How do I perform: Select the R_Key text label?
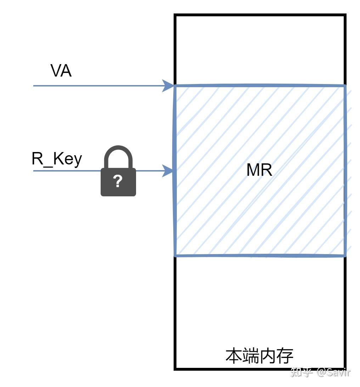tap(57, 159)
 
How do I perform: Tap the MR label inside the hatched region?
tap(259, 170)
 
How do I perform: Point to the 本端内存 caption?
tap(259, 356)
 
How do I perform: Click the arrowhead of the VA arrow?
tap(168, 85)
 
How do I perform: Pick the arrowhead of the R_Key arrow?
tap(168, 170)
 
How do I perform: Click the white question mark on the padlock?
tap(118, 181)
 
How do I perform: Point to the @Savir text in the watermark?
tap(333, 372)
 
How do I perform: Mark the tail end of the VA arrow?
tap(34, 85)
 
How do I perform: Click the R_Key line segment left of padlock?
tap(67, 170)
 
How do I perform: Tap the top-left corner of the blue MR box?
tap(175, 86)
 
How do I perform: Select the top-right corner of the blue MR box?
tap(344, 86)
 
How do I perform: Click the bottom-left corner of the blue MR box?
tap(175, 255)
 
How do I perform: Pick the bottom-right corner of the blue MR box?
tap(344, 255)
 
